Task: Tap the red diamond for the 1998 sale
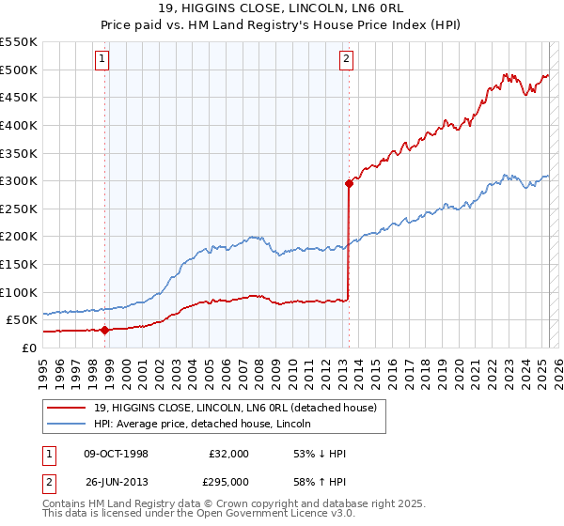pyautogui.click(x=104, y=330)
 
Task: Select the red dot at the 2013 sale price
pyautogui.click(x=349, y=184)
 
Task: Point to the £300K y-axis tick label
pyautogui.click(x=19, y=180)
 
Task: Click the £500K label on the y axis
pyautogui.click(x=19, y=70)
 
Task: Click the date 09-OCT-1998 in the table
pyautogui.click(x=114, y=455)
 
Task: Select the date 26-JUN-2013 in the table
pyautogui.click(x=114, y=483)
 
